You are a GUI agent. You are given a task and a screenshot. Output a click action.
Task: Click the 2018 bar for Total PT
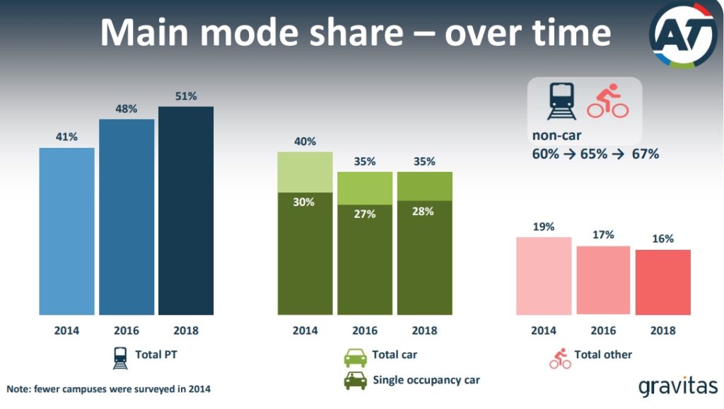pos(186,211)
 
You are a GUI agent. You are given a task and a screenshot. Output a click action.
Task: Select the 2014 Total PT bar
pos(67,231)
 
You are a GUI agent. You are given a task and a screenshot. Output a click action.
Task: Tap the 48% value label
pos(126,108)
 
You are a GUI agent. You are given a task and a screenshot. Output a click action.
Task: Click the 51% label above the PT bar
pos(186,96)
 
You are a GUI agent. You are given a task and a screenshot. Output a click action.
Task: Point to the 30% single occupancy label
pos(304,202)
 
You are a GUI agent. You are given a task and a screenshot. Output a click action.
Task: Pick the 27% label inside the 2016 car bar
pos(365,214)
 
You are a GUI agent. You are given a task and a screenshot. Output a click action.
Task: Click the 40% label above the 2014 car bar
pos(305,142)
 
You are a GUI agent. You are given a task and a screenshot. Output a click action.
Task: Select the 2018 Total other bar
pos(663,282)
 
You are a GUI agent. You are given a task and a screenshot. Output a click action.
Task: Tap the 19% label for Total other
pos(544,227)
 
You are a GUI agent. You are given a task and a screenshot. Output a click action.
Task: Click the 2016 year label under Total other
pos(603,330)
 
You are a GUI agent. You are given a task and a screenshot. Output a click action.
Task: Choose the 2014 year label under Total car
pos(305,330)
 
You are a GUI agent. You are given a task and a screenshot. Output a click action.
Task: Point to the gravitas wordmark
pos(678,386)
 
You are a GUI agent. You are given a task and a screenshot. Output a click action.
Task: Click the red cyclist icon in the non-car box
pos(607,100)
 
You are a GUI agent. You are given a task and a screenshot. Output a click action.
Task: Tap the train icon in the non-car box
pos(561,100)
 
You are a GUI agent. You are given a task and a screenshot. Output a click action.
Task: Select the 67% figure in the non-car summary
pos(645,154)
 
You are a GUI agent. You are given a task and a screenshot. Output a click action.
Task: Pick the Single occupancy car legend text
pos(426,380)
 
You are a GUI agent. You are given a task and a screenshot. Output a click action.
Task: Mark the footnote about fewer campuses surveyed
pos(108,389)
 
